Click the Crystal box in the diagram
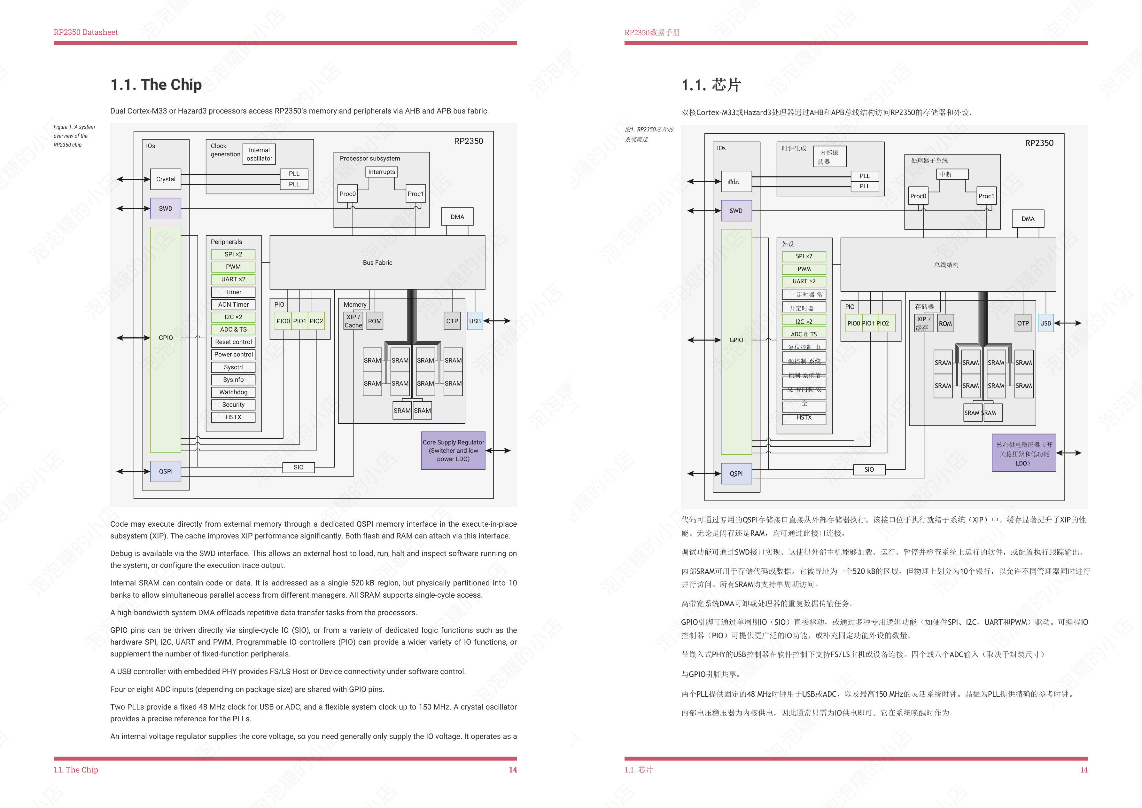166,179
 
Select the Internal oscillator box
259,154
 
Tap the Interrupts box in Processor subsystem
382,172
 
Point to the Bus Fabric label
377,263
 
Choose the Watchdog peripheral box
233,392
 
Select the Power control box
233,355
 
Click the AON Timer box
233,304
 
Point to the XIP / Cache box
353,321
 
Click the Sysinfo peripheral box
233,380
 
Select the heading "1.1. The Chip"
156,85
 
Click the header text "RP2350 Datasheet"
86,32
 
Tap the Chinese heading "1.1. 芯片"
711,85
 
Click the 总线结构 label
946,265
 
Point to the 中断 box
945,174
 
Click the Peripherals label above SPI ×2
226,242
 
